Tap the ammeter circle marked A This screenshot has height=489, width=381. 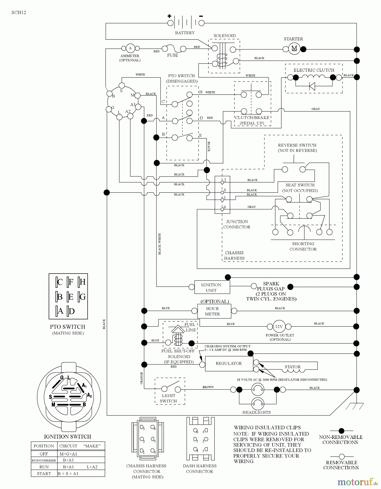(x=130, y=48)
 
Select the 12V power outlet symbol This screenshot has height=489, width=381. (x=279, y=327)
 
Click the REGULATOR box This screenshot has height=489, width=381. (x=229, y=363)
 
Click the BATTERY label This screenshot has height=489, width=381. (x=185, y=33)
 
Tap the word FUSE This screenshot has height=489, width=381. (x=173, y=55)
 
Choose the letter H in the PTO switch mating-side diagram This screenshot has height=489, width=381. (x=82, y=282)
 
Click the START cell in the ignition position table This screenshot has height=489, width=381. (x=44, y=474)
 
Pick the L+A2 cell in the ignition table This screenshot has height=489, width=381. (x=92, y=467)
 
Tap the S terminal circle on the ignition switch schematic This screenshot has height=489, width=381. (x=122, y=86)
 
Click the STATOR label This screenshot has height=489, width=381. (x=293, y=367)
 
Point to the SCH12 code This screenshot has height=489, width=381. (x=19, y=12)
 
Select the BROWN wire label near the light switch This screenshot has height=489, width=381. (x=208, y=387)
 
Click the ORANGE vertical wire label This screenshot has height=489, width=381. (x=141, y=378)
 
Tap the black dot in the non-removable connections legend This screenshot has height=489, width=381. (x=342, y=431)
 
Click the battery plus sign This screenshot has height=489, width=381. (x=170, y=16)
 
